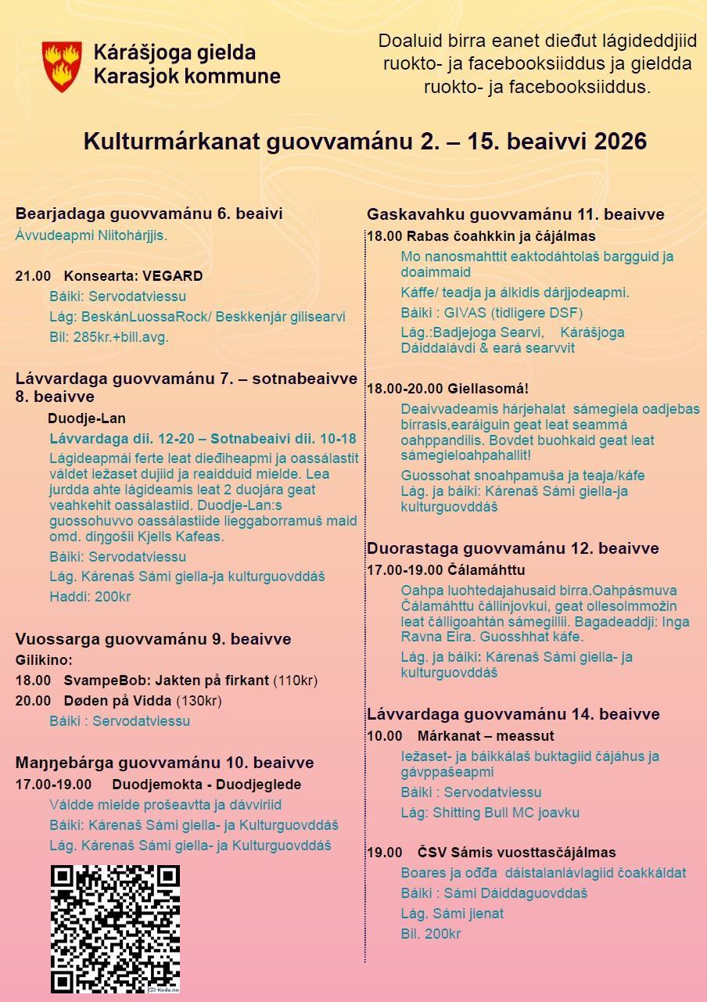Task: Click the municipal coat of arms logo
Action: point(63,66)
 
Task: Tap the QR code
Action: point(115,928)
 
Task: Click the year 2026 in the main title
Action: point(621,142)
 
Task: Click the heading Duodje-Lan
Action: point(86,418)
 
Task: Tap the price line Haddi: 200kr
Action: point(90,597)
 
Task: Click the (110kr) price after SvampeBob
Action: point(295,681)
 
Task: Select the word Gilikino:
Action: point(44,660)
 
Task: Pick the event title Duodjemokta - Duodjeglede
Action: point(206,785)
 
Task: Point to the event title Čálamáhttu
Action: point(486,570)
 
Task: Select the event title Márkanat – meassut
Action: point(486,736)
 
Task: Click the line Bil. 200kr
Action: point(430,934)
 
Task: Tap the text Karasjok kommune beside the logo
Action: point(187,77)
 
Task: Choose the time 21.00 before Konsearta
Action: point(33,276)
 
